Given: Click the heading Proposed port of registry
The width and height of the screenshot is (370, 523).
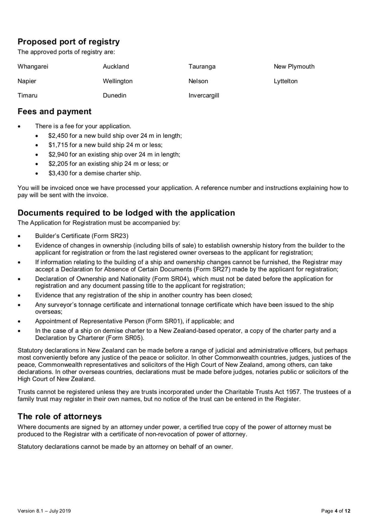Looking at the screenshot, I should click(68, 42).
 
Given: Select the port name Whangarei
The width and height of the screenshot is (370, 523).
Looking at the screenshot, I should click(33, 67).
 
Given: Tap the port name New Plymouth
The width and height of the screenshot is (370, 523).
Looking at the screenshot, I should click(294, 67).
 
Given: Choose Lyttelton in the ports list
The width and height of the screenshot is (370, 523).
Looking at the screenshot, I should click(285, 81).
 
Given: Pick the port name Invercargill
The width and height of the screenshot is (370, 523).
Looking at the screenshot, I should click(203, 96).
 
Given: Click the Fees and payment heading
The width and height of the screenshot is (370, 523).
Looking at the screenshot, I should click(54, 111).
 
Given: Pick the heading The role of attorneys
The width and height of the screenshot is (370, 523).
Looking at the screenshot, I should click(59, 416).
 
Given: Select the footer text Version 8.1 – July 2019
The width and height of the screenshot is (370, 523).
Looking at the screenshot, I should click(44, 511).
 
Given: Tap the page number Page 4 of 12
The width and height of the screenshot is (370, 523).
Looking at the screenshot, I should click(336, 511).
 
